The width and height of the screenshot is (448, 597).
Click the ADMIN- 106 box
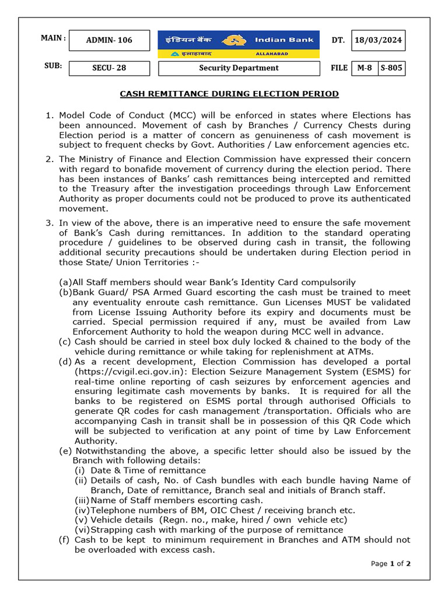[x=109, y=40]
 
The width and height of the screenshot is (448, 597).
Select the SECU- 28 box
[x=109, y=68]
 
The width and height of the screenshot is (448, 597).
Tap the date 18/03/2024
[x=378, y=40]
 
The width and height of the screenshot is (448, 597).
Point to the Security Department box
[x=239, y=68]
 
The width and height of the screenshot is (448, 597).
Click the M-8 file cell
[x=365, y=68]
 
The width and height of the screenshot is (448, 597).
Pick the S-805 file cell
[x=391, y=68]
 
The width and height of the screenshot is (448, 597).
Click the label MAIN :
[x=54, y=38]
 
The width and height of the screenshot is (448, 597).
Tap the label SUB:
[x=53, y=66]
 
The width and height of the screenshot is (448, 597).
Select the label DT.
[x=338, y=40]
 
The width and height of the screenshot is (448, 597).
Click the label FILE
[x=339, y=68]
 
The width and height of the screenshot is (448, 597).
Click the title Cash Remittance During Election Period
[x=229, y=94]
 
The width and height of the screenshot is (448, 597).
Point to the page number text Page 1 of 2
[x=391, y=563]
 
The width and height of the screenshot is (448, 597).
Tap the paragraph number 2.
[x=49, y=159]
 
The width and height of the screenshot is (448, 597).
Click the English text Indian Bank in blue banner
[x=284, y=40]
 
